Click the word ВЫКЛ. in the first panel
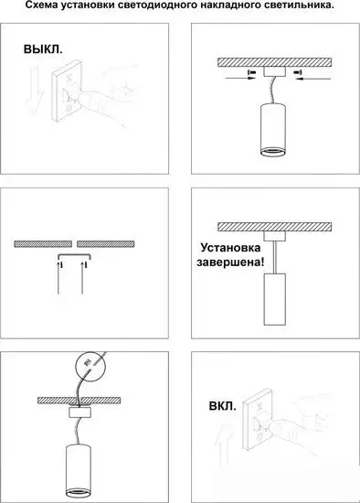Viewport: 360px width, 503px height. point(43,49)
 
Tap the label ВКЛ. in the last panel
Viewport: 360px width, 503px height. point(222,406)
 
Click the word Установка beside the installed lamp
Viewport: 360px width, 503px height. point(230,248)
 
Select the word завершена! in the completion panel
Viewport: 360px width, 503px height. point(230,262)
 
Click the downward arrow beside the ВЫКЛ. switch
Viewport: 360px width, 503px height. point(34,91)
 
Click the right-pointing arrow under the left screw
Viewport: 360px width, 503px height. point(240,78)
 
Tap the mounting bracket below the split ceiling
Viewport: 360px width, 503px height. point(75,256)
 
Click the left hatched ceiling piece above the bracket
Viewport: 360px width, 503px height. point(43,244)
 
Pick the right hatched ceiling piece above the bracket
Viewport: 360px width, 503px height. point(105,244)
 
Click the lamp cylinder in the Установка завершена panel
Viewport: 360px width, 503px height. point(274,299)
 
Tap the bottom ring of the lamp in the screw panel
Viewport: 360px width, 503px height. point(271,152)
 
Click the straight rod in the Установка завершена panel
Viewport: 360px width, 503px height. point(274,257)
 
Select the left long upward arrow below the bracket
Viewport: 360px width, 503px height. point(58,278)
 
